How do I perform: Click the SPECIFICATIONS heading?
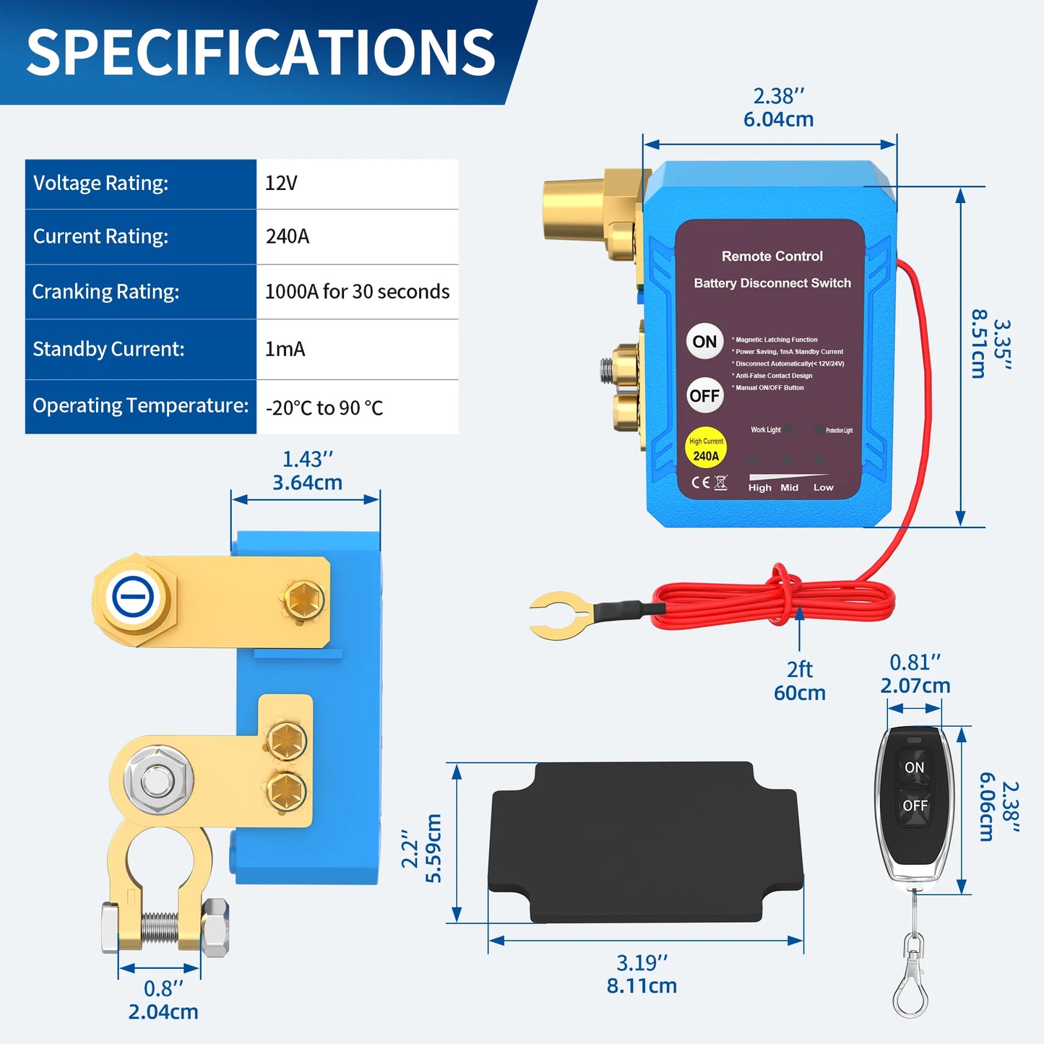point(261,52)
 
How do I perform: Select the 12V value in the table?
point(282,183)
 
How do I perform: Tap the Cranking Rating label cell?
point(105,292)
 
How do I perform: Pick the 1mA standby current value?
point(285,349)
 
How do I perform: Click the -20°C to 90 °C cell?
point(324,407)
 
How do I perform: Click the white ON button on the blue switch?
point(704,342)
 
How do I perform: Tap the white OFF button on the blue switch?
point(704,396)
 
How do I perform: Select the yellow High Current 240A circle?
point(705,449)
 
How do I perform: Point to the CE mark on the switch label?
point(700,483)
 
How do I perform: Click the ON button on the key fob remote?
point(914,767)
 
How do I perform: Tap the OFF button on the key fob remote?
point(915,806)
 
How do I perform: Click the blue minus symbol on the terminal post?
point(133,598)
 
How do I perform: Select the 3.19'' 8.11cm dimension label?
point(642,974)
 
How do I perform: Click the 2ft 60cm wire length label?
point(799,681)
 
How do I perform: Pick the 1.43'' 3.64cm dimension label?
point(307,470)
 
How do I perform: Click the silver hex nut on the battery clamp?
point(158,780)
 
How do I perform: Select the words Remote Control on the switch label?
point(772,256)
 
